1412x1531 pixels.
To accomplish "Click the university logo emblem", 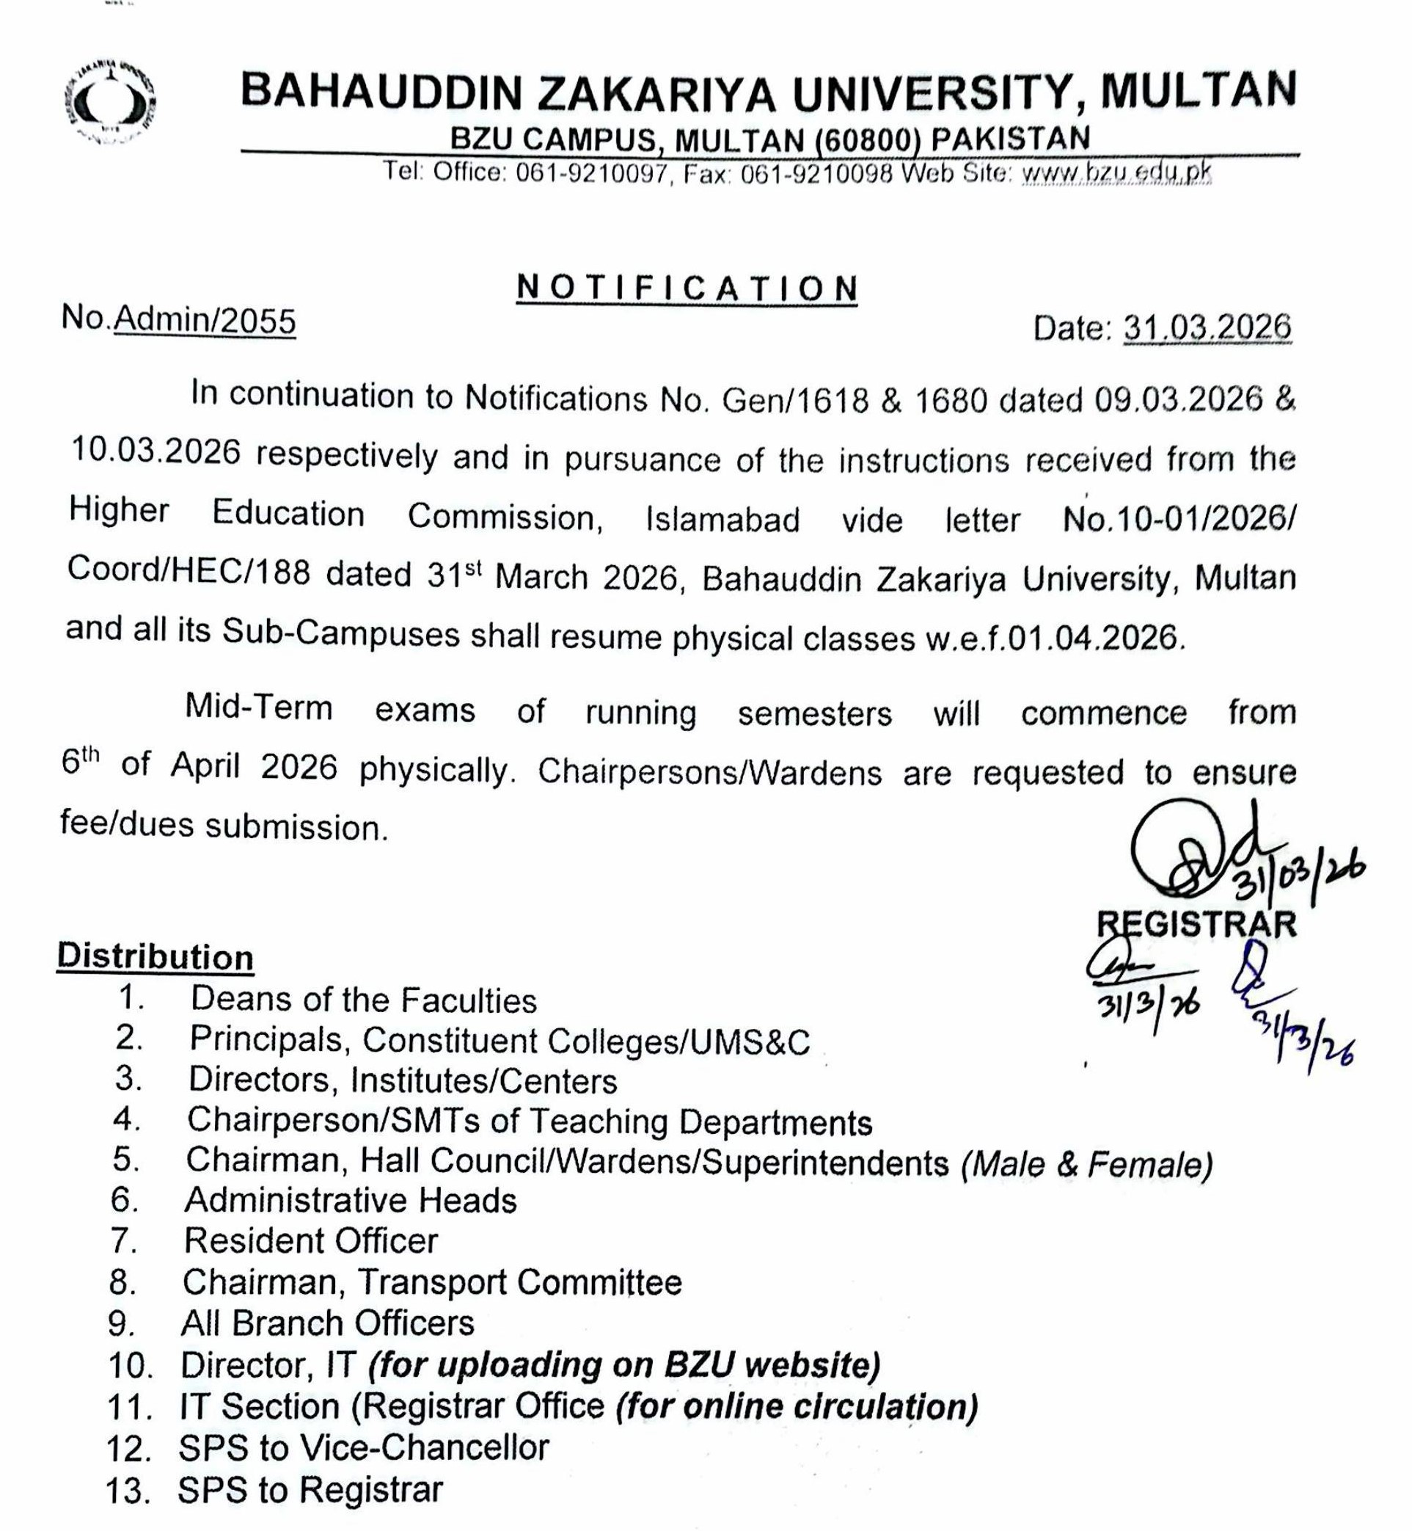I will pyautogui.click(x=109, y=105).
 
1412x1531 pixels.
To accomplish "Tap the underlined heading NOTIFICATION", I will pyautogui.click(x=687, y=288).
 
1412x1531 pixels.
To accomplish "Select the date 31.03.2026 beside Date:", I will pyautogui.click(x=1207, y=328).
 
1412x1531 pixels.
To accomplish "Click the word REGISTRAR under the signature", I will pyautogui.click(x=1196, y=924).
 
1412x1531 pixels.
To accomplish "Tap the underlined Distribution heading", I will pyautogui.click(x=155, y=957).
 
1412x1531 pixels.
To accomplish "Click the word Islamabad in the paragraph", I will pyautogui.click(x=723, y=520).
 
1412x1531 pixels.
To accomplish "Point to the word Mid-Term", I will pyautogui.click(x=259, y=708).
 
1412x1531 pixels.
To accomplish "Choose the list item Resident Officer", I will pyautogui.click(x=311, y=1240).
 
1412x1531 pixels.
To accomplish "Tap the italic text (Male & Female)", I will pyautogui.click(x=1087, y=1164).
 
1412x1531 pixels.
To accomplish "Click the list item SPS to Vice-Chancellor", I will pyautogui.click(x=364, y=1447).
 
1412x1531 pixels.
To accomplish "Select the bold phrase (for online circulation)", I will pyautogui.click(x=797, y=1406).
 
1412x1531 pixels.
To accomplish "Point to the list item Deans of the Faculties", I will pyautogui.click(x=364, y=1000).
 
